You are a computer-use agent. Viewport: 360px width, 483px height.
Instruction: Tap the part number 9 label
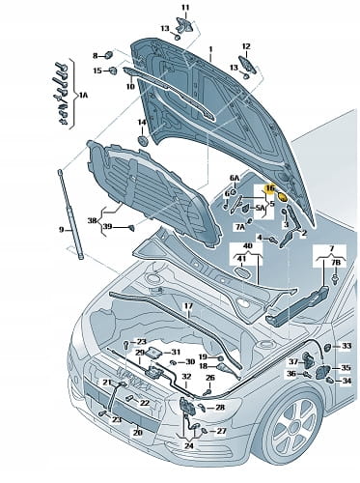[62, 230]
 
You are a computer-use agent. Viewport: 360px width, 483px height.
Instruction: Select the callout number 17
[188, 306]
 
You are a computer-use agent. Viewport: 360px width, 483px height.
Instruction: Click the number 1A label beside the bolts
[83, 95]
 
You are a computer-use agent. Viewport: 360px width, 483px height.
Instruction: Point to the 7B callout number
[335, 263]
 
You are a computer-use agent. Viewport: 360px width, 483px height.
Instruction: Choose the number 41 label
[241, 259]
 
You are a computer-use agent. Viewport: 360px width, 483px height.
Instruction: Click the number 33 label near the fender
[346, 346]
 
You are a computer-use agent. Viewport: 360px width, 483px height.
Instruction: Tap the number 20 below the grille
[138, 433]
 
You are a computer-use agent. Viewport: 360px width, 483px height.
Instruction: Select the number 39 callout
[107, 227]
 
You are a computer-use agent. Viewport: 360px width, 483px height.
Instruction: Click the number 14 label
[142, 123]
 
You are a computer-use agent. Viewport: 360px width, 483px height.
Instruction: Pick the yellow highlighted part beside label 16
[283, 196]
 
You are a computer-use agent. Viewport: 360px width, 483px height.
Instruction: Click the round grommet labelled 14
[142, 141]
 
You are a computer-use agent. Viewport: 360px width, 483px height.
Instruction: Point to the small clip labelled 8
[109, 55]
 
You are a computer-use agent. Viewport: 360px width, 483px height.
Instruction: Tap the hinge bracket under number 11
[184, 25]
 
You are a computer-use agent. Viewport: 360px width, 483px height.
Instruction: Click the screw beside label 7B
[336, 279]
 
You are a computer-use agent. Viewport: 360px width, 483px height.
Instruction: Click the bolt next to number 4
[273, 240]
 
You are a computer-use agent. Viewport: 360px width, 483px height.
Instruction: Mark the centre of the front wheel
[294, 421]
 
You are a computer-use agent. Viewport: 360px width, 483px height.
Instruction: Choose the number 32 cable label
[186, 377]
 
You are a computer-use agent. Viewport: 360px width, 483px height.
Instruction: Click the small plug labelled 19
[221, 357]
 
